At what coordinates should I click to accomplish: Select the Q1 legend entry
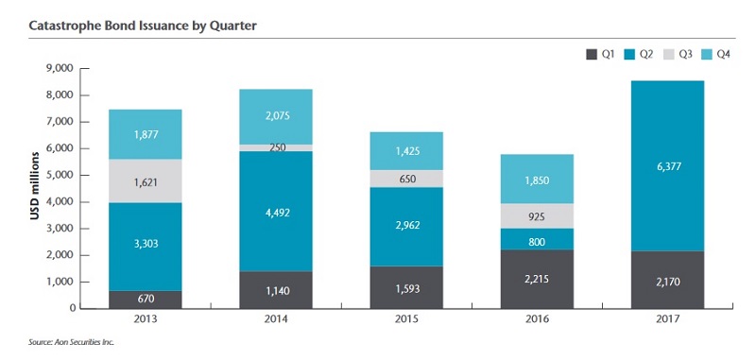[601, 54]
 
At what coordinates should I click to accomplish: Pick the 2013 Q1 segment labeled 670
[145, 300]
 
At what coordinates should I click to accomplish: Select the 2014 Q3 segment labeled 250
[276, 147]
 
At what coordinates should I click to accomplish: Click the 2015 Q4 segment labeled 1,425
[406, 150]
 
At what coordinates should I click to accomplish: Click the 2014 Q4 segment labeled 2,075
[276, 116]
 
